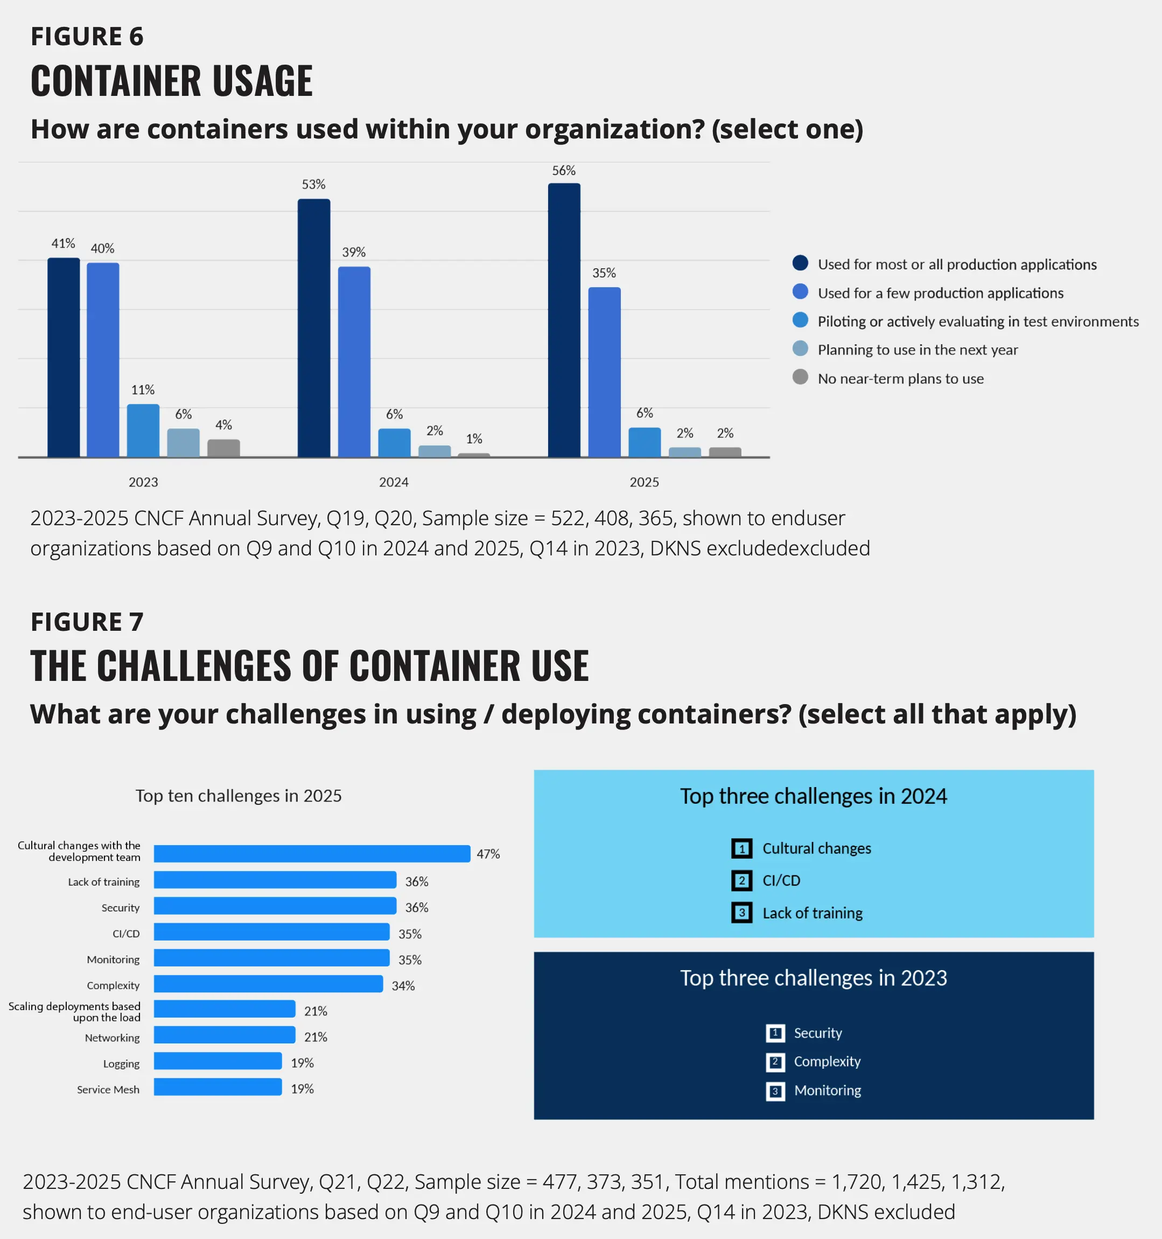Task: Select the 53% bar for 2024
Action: coord(313,328)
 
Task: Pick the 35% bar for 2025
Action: coord(604,372)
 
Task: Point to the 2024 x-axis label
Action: coord(394,482)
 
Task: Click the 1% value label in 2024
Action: coord(474,438)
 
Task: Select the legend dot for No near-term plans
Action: coord(800,377)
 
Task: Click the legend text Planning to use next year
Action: coord(917,350)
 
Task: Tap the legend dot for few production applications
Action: coord(800,291)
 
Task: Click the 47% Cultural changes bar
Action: coord(312,853)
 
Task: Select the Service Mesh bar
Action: coord(218,1087)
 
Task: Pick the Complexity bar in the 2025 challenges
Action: coord(268,984)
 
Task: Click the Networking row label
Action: coord(112,1038)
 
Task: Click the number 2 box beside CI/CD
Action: coord(741,880)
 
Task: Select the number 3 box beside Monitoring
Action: coord(775,1091)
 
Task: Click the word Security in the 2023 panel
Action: coord(817,1033)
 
